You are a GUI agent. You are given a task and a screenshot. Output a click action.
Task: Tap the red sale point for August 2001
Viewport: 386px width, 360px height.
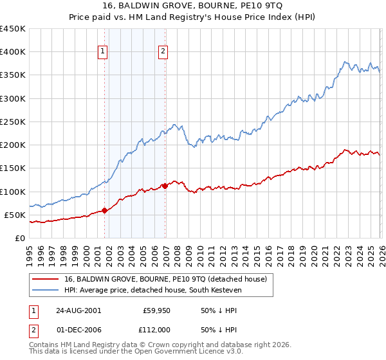(104, 210)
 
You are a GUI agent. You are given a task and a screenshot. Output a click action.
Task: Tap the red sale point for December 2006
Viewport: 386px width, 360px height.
(165, 186)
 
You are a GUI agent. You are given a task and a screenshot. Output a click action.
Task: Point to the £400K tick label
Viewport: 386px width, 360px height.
(13, 52)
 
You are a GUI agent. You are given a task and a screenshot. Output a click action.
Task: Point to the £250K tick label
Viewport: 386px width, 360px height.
(13, 122)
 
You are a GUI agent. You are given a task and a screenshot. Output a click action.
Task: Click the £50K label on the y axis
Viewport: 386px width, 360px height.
(15, 215)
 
